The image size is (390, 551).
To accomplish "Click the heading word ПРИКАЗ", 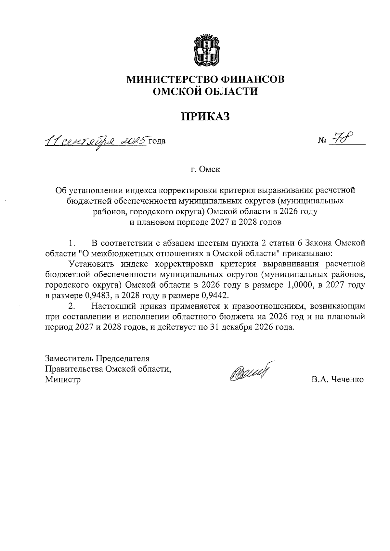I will tap(205, 116).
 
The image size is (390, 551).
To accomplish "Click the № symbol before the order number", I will tap(322, 141).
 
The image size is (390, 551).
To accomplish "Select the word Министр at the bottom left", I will tap(63, 379).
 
